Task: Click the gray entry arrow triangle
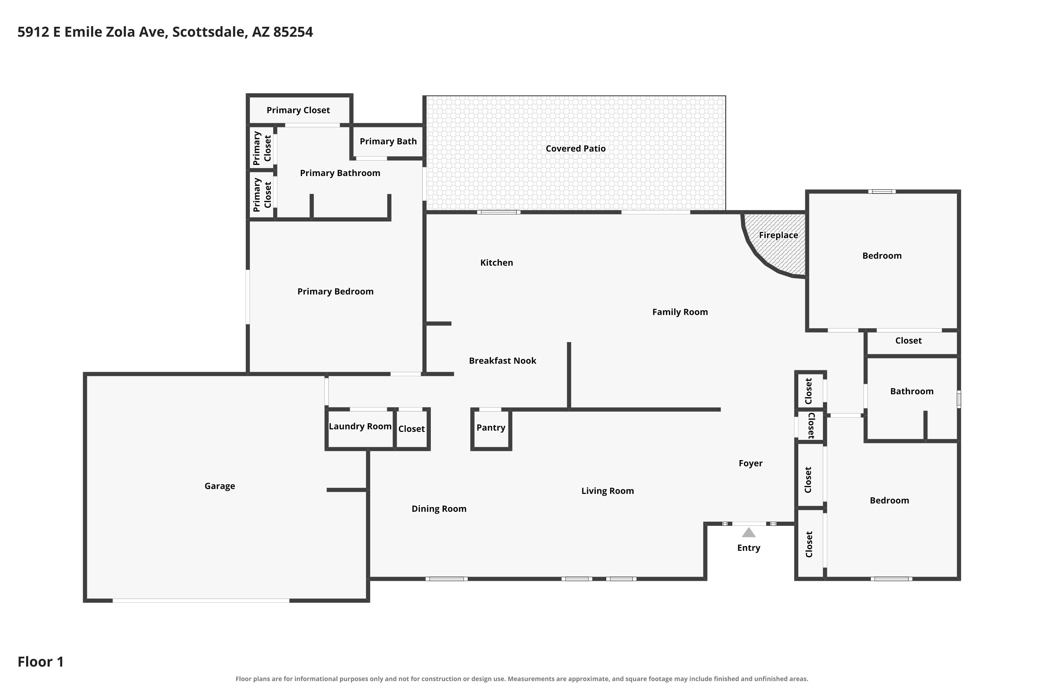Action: (749, 533)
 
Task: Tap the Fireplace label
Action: (778, 235)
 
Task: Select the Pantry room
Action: (491, 429)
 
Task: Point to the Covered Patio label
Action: (575, 149)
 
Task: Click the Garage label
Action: (220, 486)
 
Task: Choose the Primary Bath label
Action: (388, 142)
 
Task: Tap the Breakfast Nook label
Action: (503, 361)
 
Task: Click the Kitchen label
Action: (496, 263)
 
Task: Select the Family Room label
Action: (680, 313)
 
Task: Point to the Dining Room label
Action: (438, 509)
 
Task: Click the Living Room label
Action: (607, 491)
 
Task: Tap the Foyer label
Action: (750, 464)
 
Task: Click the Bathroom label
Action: (912, 391)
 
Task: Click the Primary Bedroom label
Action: (335, 292)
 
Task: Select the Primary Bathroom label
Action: (340, 173)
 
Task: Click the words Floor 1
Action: (40, 662)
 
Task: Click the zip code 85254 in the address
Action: (293, 32)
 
